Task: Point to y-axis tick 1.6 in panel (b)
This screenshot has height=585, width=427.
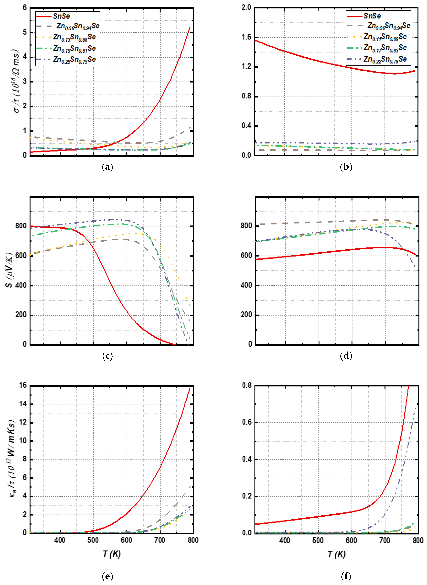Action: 246,37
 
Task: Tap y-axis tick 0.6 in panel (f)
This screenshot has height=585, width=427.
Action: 247,422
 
